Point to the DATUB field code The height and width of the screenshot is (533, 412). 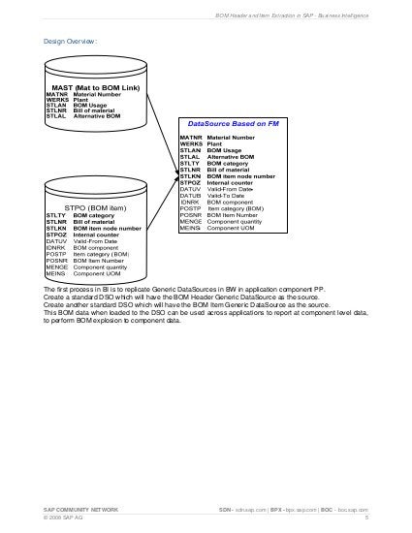tap(190, 195)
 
